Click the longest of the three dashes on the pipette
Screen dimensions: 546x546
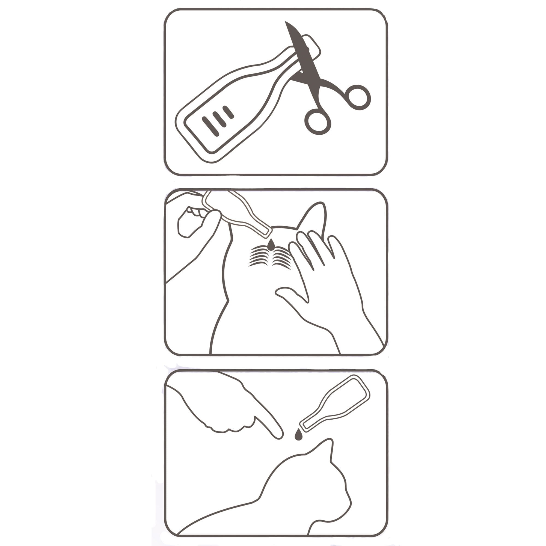pyautogui.click(x=210, y=126)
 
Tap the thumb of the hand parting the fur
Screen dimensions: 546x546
pyautogui.click(x=291, y=294)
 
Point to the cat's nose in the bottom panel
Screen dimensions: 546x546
pyautogui.click(x=351, y=504)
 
